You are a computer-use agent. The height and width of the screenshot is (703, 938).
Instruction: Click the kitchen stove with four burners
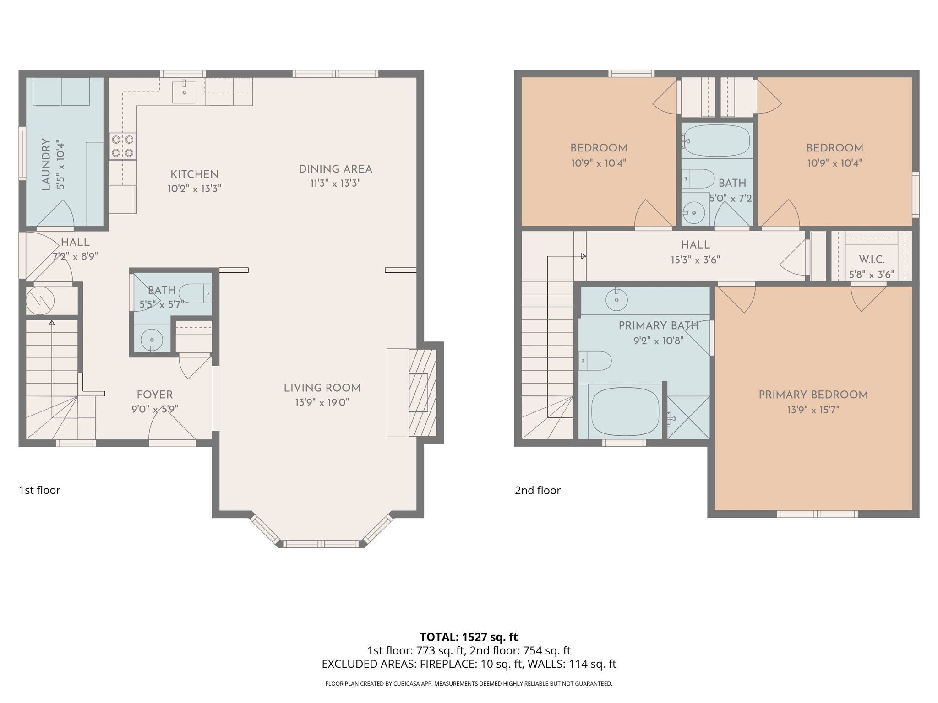point(123,146)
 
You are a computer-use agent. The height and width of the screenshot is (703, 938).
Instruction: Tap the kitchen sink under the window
point(184,92)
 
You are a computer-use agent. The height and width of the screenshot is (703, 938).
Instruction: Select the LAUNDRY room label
point(46,164)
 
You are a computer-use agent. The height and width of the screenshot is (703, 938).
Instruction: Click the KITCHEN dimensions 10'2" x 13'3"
point(194,189)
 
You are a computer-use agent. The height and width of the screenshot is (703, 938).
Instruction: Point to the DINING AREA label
point(335,169)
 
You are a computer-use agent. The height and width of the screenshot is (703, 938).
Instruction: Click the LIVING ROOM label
point(322,388)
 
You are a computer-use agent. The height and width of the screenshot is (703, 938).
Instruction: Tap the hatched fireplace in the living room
point(422,393)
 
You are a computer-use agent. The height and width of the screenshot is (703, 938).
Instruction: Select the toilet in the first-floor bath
point(196,293)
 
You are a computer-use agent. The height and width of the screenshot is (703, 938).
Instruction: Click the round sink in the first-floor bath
point(152,340)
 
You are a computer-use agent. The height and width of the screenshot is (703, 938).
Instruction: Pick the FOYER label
point(155,395)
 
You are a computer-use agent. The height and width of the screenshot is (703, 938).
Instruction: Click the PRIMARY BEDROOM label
point(813,395)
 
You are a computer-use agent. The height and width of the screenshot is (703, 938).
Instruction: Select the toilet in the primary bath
point(595,361)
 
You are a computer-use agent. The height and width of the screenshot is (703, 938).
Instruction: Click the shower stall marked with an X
point(688,417)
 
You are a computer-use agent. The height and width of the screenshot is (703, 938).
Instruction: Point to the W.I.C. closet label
point(872,260)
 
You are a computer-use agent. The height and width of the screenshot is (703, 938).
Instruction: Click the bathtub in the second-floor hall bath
point(717,141)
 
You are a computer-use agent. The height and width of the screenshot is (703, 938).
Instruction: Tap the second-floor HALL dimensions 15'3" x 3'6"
point(695,260)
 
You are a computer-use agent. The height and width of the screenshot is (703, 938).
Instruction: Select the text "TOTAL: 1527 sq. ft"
point(469,637)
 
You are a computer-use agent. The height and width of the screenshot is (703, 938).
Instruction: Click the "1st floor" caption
point(39,490)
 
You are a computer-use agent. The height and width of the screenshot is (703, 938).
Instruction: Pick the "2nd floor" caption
point(538,490)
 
